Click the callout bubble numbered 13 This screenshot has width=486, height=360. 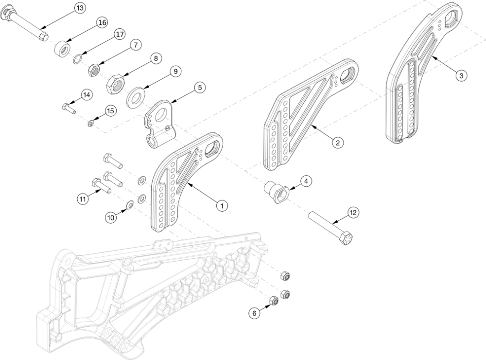click(x=80, y=8)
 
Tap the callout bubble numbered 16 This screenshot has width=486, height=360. click(x=101, y=22)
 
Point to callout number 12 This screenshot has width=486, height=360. click(x=353, y=212)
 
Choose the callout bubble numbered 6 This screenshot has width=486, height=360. click(x=253, y=314)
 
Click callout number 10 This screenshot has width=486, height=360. click(x=111, y=218)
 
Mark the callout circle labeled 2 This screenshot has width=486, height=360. click(x=337, y=143)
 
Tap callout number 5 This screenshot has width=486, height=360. click(x=199, y=87)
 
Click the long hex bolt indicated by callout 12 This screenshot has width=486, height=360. click(x=331, y=228)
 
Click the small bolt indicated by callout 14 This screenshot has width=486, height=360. click(x=67, y=107)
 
